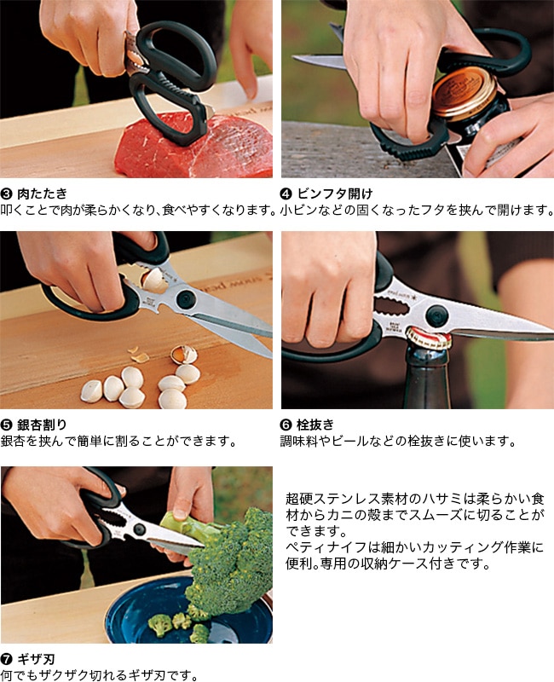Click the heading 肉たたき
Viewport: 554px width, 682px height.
(x=42, y=194)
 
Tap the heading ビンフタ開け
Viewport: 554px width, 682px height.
(x=334, y=194)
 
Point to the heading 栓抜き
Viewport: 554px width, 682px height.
(x=315, y=424)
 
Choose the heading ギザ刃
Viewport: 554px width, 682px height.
(x=36, y=659)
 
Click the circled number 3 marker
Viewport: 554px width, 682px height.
(x=7, y=194)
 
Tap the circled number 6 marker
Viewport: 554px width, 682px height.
(x=286, y=425)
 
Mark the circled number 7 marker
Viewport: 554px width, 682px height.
(x=7, y=659)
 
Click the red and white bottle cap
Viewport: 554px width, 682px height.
(x=426, y=336)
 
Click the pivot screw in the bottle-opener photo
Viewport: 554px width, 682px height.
(x=436, y=315)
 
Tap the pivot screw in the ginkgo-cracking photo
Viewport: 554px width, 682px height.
(x=186, y=299)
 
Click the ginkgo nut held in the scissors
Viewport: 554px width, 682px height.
(x=153, y=280)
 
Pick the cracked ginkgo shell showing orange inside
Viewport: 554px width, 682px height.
(x=182, y=355)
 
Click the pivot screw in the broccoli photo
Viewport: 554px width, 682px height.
(x=139, y=529)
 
